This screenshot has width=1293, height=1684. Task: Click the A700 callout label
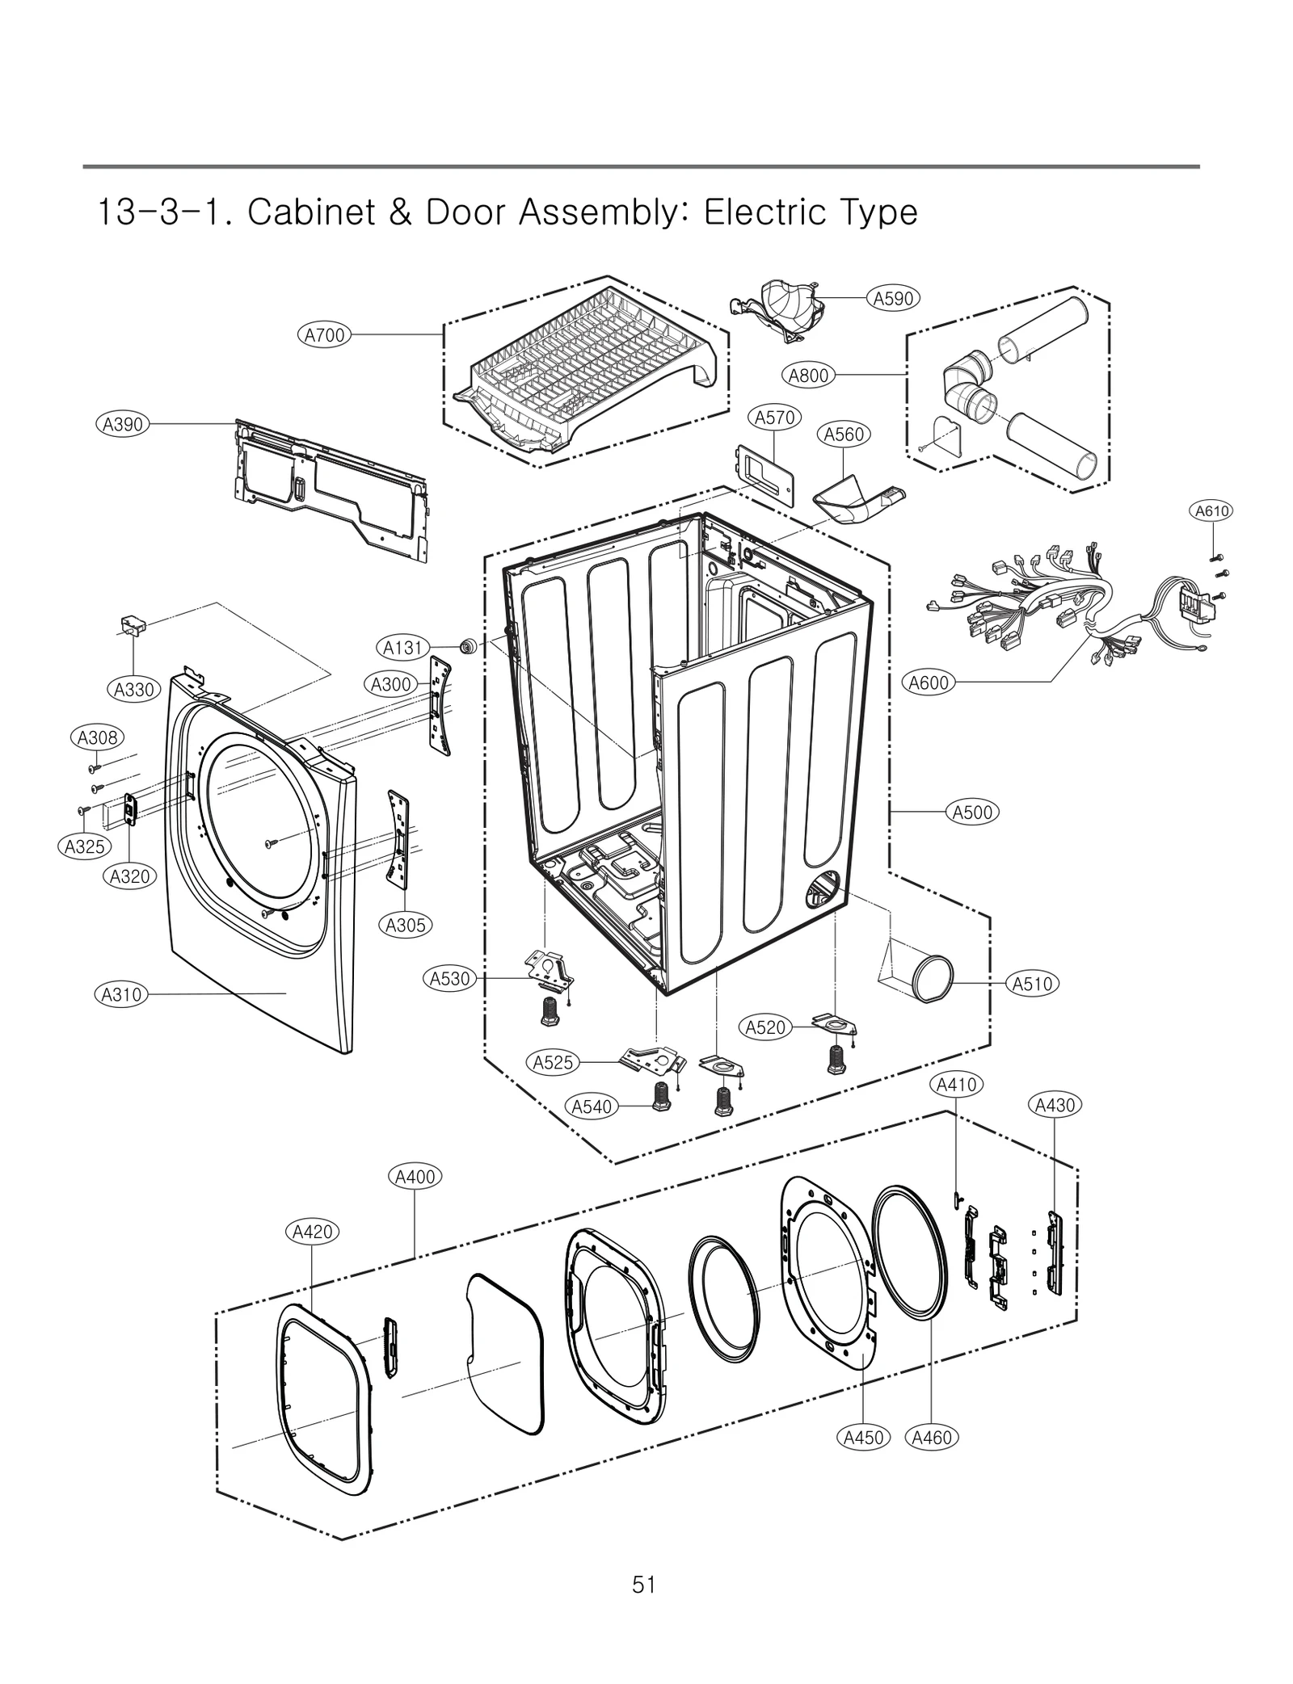pos(324,334)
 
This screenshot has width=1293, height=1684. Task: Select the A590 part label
pos(893,298)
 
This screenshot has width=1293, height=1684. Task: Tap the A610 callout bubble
pos(1212,510)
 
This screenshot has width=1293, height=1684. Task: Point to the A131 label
pos(402,647)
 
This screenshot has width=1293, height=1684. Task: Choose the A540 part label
pos(592,1107)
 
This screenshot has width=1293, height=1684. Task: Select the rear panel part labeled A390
pos(331,489)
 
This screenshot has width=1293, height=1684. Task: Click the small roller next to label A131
pos(466,646)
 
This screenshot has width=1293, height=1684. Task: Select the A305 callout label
pos(405,925)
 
